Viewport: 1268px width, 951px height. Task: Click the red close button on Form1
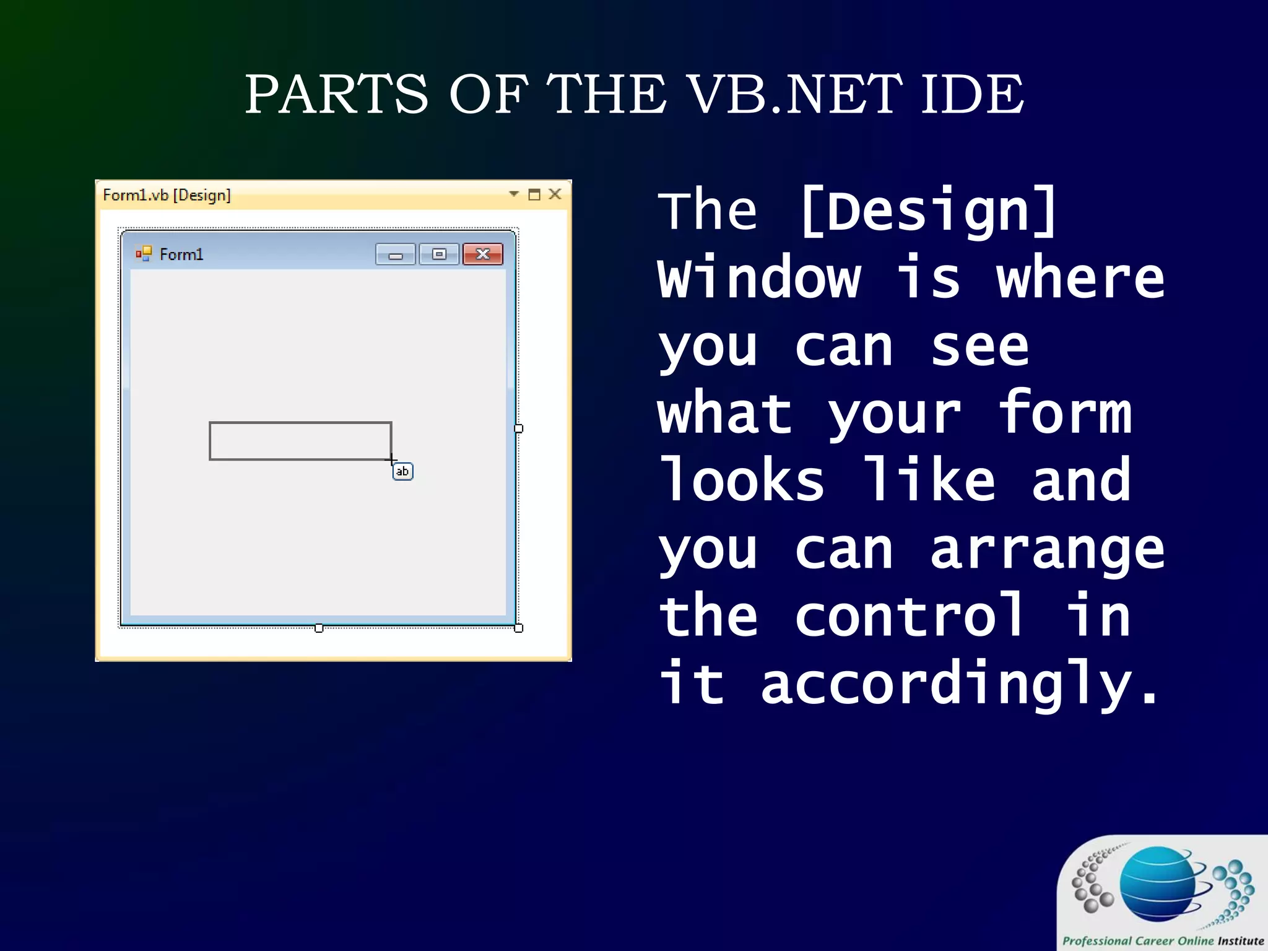coord(483,254)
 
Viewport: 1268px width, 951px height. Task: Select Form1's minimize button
coord(395,254)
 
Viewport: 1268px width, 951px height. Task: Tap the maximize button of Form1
coord(439,254)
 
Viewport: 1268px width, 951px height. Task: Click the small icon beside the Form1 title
coord(144,254)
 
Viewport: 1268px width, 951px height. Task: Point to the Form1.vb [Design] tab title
coord(167,196)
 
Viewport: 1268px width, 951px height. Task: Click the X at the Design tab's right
coord(555,194)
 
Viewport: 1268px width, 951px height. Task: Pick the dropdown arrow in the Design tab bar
coord(513,194)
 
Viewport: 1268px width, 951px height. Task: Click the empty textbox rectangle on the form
coord(300,441)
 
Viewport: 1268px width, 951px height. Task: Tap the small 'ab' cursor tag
coord(402,472)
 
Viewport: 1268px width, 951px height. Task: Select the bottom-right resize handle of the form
coord(519,628)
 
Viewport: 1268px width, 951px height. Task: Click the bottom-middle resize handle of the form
coord(319,628)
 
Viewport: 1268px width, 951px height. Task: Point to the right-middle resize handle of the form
coord(519,428)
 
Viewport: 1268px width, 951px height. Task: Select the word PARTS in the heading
coord(336,94)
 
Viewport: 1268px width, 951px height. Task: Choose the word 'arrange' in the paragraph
coord(1047,551)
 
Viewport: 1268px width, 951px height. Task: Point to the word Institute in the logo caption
coord(1240,940)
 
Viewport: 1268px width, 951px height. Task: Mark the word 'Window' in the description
coord(759,279)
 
